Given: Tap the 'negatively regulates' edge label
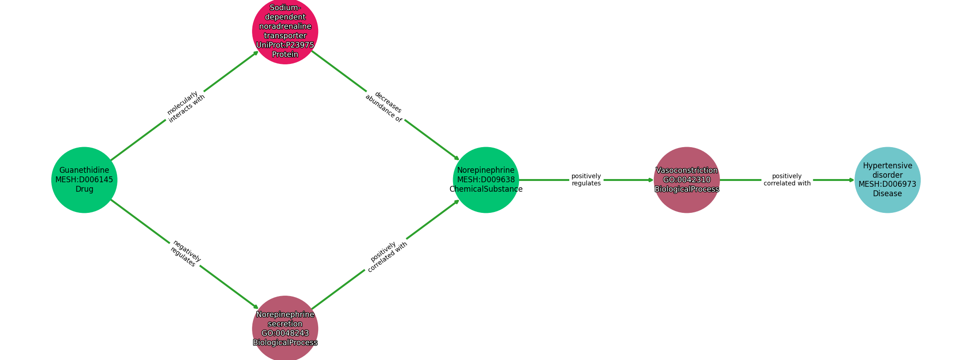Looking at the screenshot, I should tap(185, 253).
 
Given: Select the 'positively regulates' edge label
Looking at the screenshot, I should tap(586, 180).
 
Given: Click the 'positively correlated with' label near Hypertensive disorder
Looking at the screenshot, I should tap(787, 180).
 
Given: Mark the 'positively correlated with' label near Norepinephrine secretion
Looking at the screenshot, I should tap(386, 256).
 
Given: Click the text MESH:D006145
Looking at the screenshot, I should tap(84, 180).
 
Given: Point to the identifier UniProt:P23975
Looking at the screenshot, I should tap(285, 45).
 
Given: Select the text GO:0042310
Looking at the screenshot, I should tap(687, 180).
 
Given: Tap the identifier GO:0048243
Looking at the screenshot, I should tap(285, 333).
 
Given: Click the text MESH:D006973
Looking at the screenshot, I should tap(887, 184).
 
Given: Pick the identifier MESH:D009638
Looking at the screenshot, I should tap(486, 180).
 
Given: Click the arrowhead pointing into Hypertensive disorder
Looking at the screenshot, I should tap(851, 180).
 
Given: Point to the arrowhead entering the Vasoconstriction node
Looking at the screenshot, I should tap(650, 180).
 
